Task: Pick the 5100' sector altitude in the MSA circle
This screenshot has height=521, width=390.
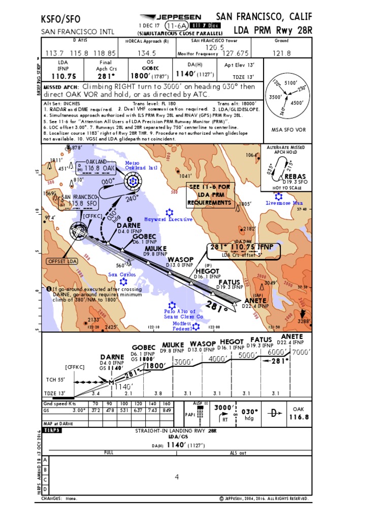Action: point(291,82)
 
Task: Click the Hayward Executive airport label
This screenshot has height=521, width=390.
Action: point(169,219)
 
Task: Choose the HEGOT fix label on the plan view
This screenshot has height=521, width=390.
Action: point(207,271)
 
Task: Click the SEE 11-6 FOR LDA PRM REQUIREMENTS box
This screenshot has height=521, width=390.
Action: point(209,195)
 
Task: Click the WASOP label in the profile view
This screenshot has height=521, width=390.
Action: point(203,343)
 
